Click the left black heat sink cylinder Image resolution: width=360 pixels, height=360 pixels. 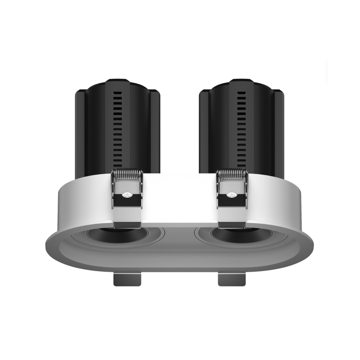point(97,133)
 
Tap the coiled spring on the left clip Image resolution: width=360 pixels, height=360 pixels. point(127,174)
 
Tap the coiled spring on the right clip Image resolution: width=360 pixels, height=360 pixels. point(232,174)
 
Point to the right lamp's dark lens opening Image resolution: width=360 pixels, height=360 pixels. point(241,235)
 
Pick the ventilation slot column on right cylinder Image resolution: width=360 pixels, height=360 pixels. point(241,130)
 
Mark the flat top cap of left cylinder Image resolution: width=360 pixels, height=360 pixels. point(117,81)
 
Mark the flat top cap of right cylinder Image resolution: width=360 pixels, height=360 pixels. point(241,81)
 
